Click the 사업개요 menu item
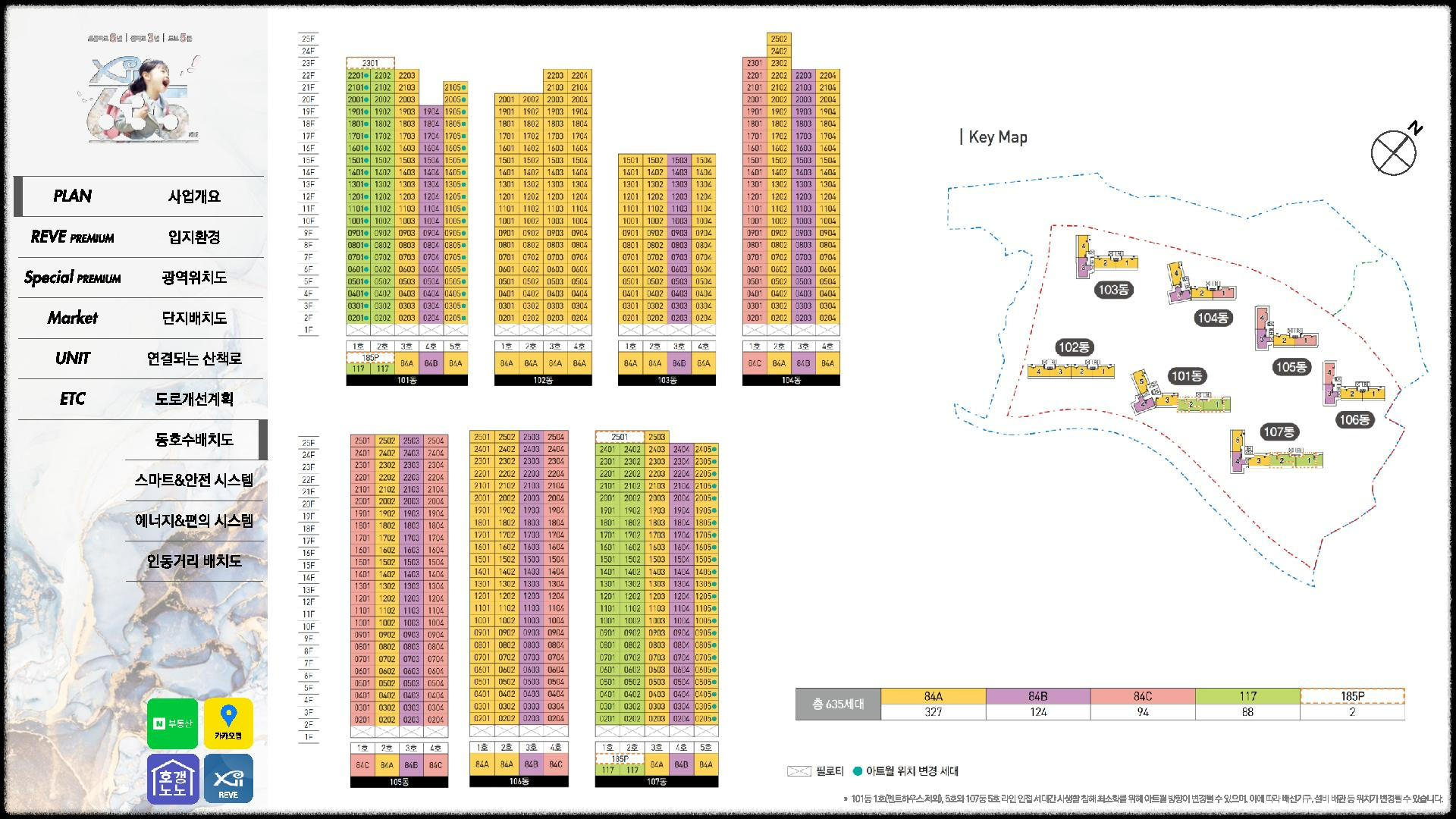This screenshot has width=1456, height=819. click(194, 196)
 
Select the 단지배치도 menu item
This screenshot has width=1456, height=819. click(194, 318)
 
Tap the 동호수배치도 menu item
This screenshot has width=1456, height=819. click(194, 440)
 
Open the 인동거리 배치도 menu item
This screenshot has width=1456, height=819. click(194, 561)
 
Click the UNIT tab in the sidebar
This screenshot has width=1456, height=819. click(73, 358)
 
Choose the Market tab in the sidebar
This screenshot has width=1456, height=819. click(73, 318)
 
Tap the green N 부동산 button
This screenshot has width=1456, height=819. click(173, 723)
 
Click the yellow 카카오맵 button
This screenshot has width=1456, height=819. click(228, 723)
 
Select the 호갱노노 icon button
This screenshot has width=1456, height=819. click(173, 779)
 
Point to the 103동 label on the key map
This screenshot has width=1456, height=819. click(1113, 290)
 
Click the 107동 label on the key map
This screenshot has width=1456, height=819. click(1279, 432)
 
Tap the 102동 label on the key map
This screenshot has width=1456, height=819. click(1074, 347)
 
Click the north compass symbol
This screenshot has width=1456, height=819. click(1395, 152)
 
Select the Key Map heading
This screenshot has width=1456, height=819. click(997, 137)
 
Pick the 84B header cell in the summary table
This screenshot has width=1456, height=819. click(1038, 696)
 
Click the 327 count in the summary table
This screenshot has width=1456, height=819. click(934, 712)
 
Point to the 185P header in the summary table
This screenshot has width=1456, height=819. click(1352, 696)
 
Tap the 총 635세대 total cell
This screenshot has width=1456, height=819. click(838, 704)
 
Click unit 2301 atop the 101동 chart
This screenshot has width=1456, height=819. click(370, 63)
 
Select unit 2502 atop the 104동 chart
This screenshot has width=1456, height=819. click(779, 39)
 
